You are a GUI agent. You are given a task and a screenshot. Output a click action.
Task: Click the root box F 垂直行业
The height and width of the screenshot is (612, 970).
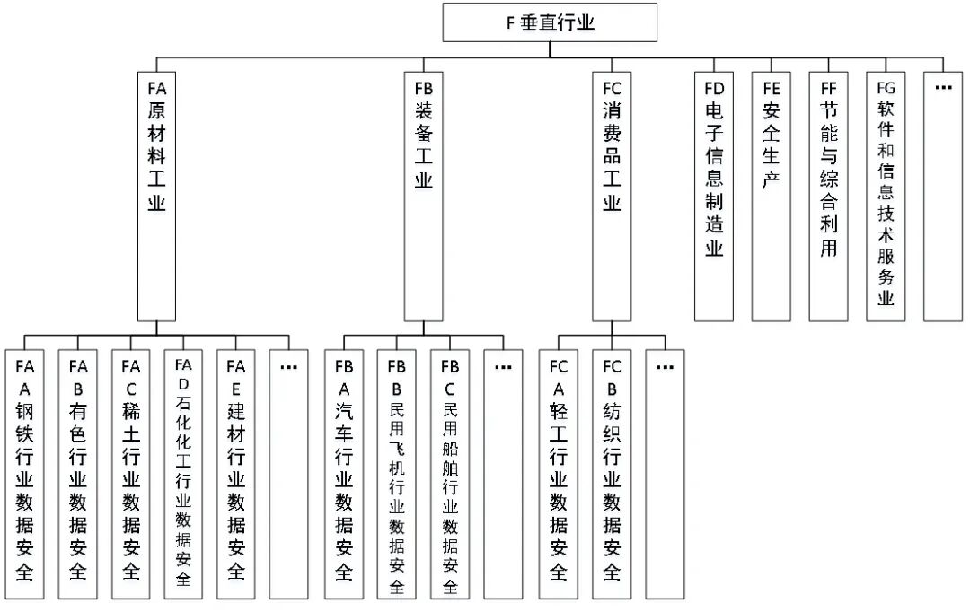(x=550, y=22)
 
